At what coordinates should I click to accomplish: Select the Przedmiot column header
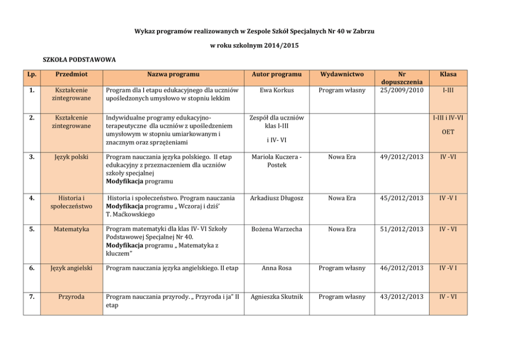[x=72, y=74]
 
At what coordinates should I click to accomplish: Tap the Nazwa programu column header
[x=172, y=74]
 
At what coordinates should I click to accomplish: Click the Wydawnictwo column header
[x=342, y=74]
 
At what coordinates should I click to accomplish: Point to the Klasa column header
[x=448, y=74]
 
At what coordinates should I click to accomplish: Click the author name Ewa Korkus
[x=277, y=90]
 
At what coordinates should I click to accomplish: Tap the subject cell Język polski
[x=72, y=157]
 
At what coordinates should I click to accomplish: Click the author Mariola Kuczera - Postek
[x=277, y=161]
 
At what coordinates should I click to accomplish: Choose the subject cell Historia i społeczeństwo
[x=72, y=202]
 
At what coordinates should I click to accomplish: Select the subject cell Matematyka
[x=72, y=229]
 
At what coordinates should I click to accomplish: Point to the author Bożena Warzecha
[x=277, y=229]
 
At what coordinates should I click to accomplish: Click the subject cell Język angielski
[x=72, y=268]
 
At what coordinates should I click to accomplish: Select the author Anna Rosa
[x=277, y=268]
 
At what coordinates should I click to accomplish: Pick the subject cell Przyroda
[x=72, y=296]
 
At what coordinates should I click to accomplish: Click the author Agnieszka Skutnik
[x=277, y=296]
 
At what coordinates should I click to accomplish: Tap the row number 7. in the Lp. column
[x=32, y=296]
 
